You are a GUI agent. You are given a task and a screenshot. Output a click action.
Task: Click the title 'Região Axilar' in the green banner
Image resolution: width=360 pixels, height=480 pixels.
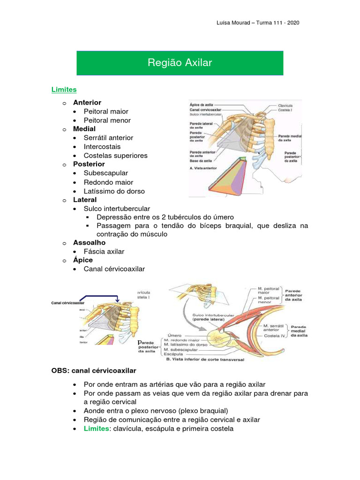point(180,62)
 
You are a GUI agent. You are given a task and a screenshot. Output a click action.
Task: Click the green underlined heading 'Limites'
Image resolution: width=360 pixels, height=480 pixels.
point(64,89)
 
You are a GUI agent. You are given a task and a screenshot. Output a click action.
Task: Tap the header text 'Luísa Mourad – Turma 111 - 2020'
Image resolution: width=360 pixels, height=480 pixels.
point(259,22)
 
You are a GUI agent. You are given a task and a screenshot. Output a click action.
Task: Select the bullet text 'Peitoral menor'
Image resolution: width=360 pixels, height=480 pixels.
point(107,120)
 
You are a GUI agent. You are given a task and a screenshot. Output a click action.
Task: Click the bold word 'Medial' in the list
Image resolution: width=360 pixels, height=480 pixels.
point(84,128)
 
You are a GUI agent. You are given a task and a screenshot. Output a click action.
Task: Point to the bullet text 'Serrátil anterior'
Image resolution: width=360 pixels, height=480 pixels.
point(108,138)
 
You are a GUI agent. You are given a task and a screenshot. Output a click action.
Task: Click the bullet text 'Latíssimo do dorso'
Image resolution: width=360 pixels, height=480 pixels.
point(114,191)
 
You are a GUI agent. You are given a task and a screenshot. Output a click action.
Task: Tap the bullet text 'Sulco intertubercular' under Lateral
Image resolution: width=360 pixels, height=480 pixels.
point(117,208)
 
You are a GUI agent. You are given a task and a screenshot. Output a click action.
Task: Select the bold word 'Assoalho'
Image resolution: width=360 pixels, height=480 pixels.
point(89,242)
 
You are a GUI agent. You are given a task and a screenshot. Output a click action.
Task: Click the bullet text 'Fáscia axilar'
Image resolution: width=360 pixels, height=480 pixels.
point(104,251)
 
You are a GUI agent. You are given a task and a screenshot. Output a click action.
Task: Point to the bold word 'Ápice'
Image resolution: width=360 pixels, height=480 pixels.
point(83,260)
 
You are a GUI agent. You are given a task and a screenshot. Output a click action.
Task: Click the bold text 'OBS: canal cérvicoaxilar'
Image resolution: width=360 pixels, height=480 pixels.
point(94,370)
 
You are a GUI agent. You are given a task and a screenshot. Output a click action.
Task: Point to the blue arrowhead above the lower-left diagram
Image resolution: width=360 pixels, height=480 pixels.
point(118,301)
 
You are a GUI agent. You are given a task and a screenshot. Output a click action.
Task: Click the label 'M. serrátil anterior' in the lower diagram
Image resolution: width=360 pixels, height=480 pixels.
point(271,327)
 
